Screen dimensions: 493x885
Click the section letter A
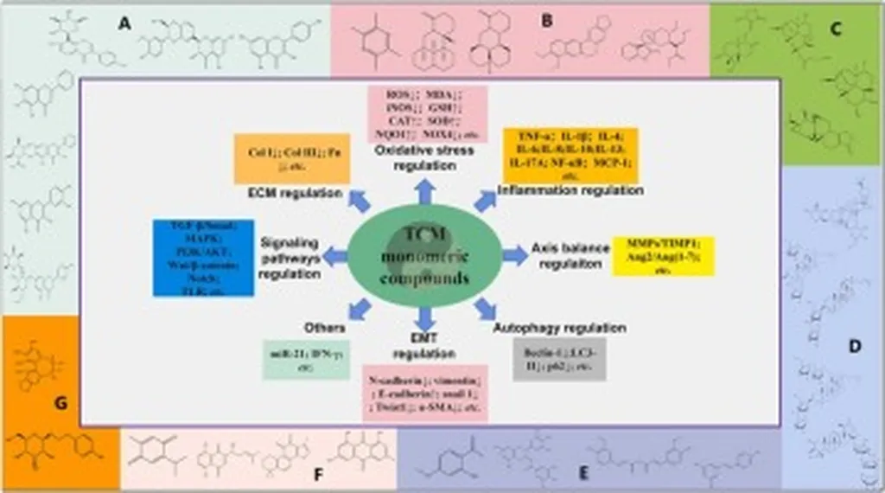125,25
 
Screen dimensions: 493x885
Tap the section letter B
546,22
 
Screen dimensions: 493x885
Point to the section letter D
855,347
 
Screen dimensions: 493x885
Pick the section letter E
583,474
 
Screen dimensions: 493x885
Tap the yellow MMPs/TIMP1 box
663,256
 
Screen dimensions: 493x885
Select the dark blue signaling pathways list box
203,258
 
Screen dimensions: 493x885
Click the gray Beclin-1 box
558,360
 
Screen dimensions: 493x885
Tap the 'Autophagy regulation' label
559,329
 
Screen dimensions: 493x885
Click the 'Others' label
325,328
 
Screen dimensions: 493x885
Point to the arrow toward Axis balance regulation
514,255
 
